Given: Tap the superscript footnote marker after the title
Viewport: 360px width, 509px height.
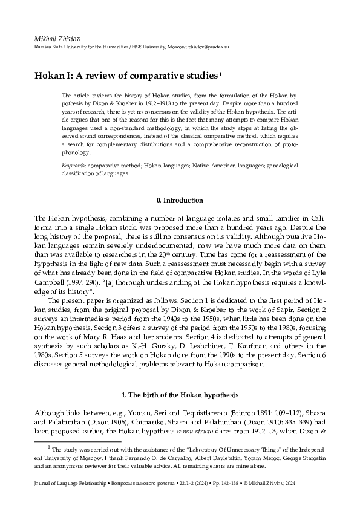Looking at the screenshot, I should tap(221, 73).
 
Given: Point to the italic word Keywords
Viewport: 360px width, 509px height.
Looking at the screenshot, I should tap(73, 165).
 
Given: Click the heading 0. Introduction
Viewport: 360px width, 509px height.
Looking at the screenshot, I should tap(180, 200).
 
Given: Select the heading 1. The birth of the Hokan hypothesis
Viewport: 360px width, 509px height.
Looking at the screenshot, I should tap(180, 395).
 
